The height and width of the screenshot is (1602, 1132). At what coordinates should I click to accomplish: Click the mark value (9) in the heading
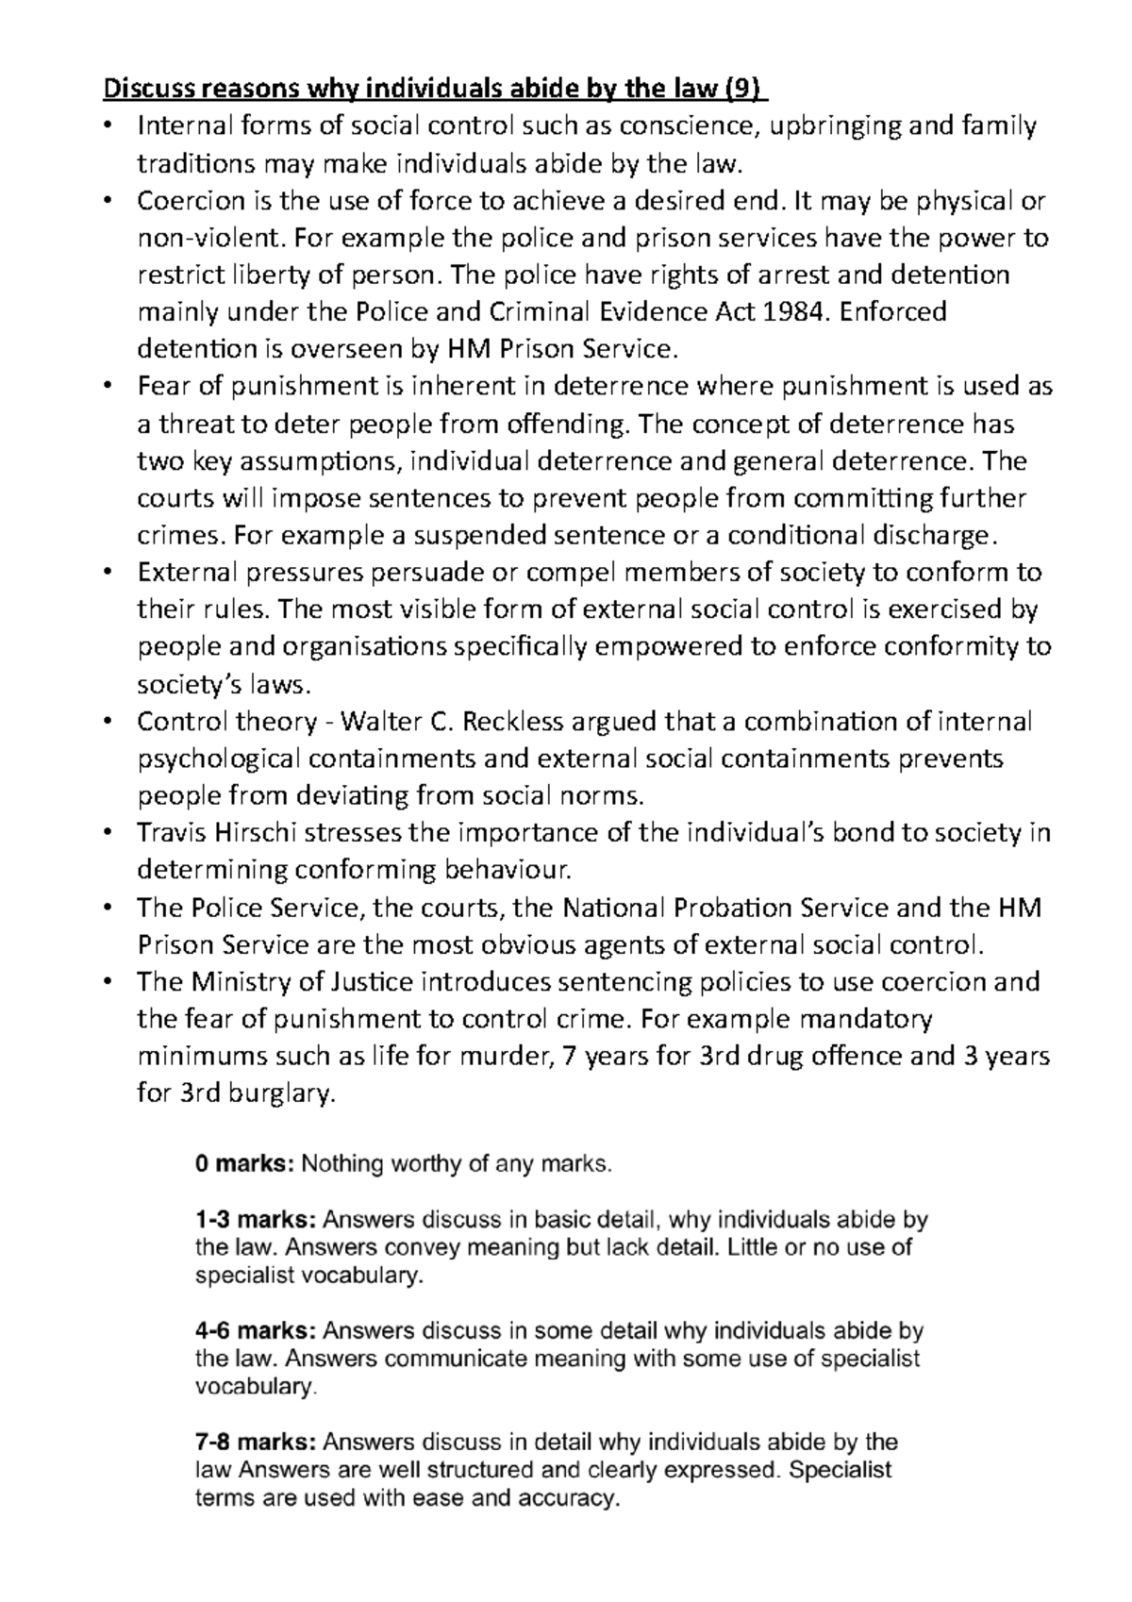coord(745,90)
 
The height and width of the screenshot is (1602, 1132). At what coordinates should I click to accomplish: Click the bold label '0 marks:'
coord(244,1164)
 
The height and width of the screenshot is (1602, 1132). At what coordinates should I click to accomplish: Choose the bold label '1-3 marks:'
coord(255,1220)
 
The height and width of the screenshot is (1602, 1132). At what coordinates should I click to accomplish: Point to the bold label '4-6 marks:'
coord(255,1331)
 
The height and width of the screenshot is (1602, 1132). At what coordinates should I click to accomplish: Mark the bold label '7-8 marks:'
coord(255,1443)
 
